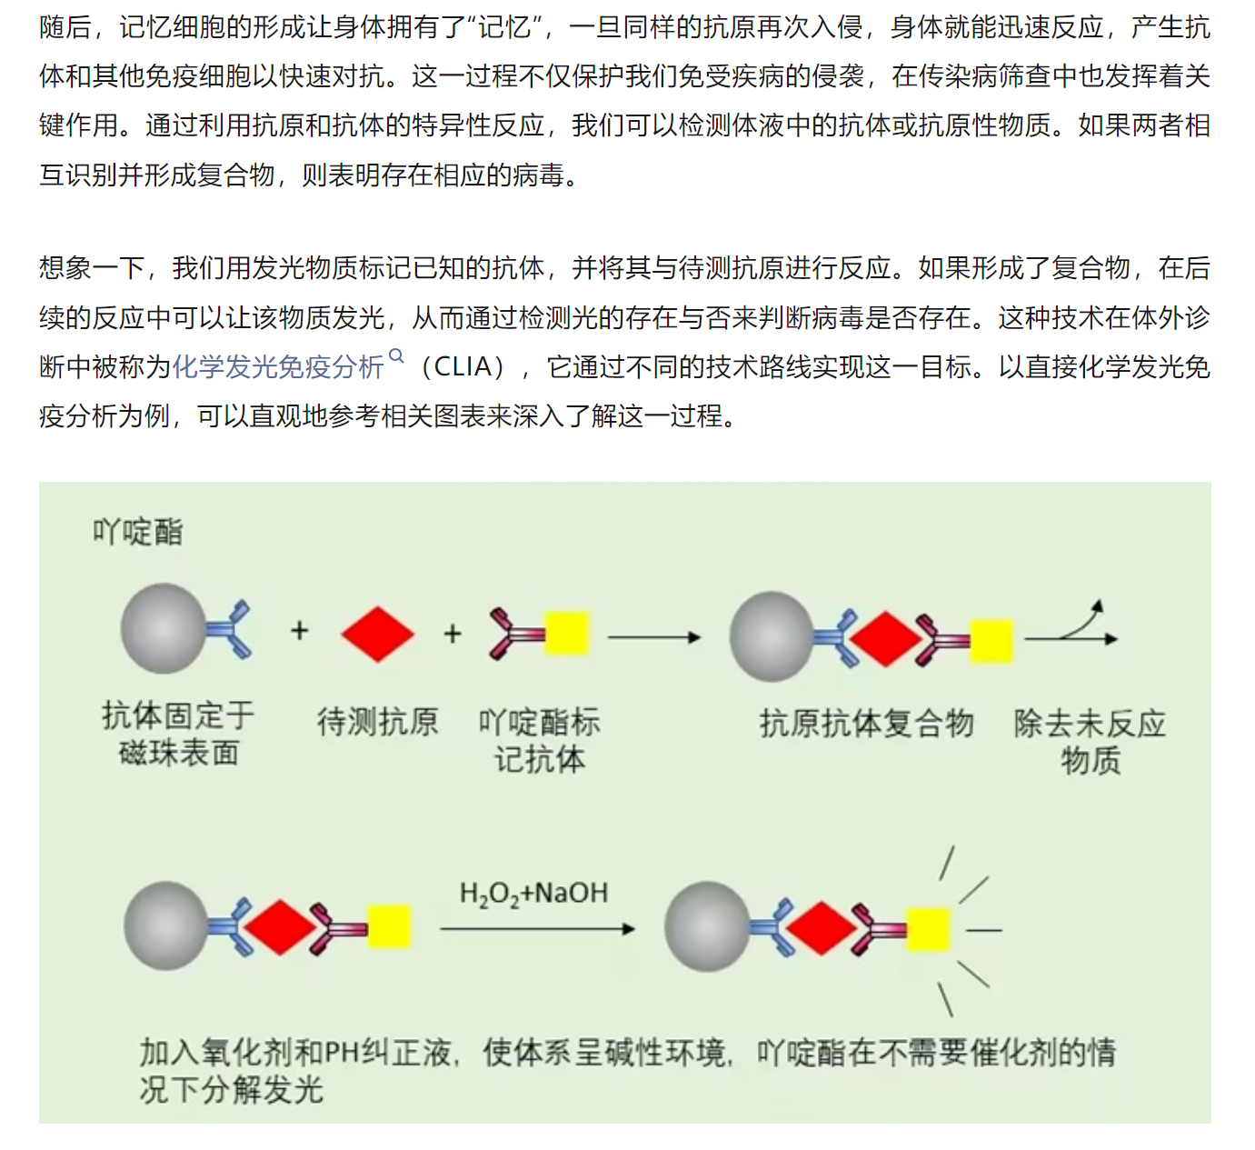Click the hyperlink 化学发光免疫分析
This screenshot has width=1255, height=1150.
(x=278, y=367)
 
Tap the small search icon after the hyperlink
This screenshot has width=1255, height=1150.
(x=396, y=356)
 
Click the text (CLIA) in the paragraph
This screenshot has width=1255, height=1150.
(x=463, y=367)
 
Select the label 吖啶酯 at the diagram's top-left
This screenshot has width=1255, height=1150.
(x=138, y=532)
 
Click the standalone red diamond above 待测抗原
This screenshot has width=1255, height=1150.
(x=378, y=634)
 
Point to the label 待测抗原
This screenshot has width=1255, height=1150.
(x=378, y=722)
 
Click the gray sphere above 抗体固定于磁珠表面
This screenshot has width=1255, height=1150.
(x=164, y=628)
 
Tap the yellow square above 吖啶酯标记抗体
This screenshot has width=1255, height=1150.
(x=566, y=634)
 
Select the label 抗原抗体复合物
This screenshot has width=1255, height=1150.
(x=866, y=724)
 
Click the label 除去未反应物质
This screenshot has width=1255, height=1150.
(x=1090, y=741)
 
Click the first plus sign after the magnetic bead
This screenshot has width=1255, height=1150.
(x=300, y=631)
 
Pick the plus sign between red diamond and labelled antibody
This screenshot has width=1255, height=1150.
(x=453, y=634)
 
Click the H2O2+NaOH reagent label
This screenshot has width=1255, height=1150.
(x=533, y=894)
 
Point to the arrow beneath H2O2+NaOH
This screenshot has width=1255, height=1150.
(x=536, y=929)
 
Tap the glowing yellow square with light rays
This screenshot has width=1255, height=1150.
(x=928, y=929)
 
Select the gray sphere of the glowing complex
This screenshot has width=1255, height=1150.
(x=706, y=926)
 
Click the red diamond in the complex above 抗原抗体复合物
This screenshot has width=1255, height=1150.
(x=884, y=639)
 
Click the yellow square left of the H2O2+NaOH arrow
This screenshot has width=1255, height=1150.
(x=390, y=926)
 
